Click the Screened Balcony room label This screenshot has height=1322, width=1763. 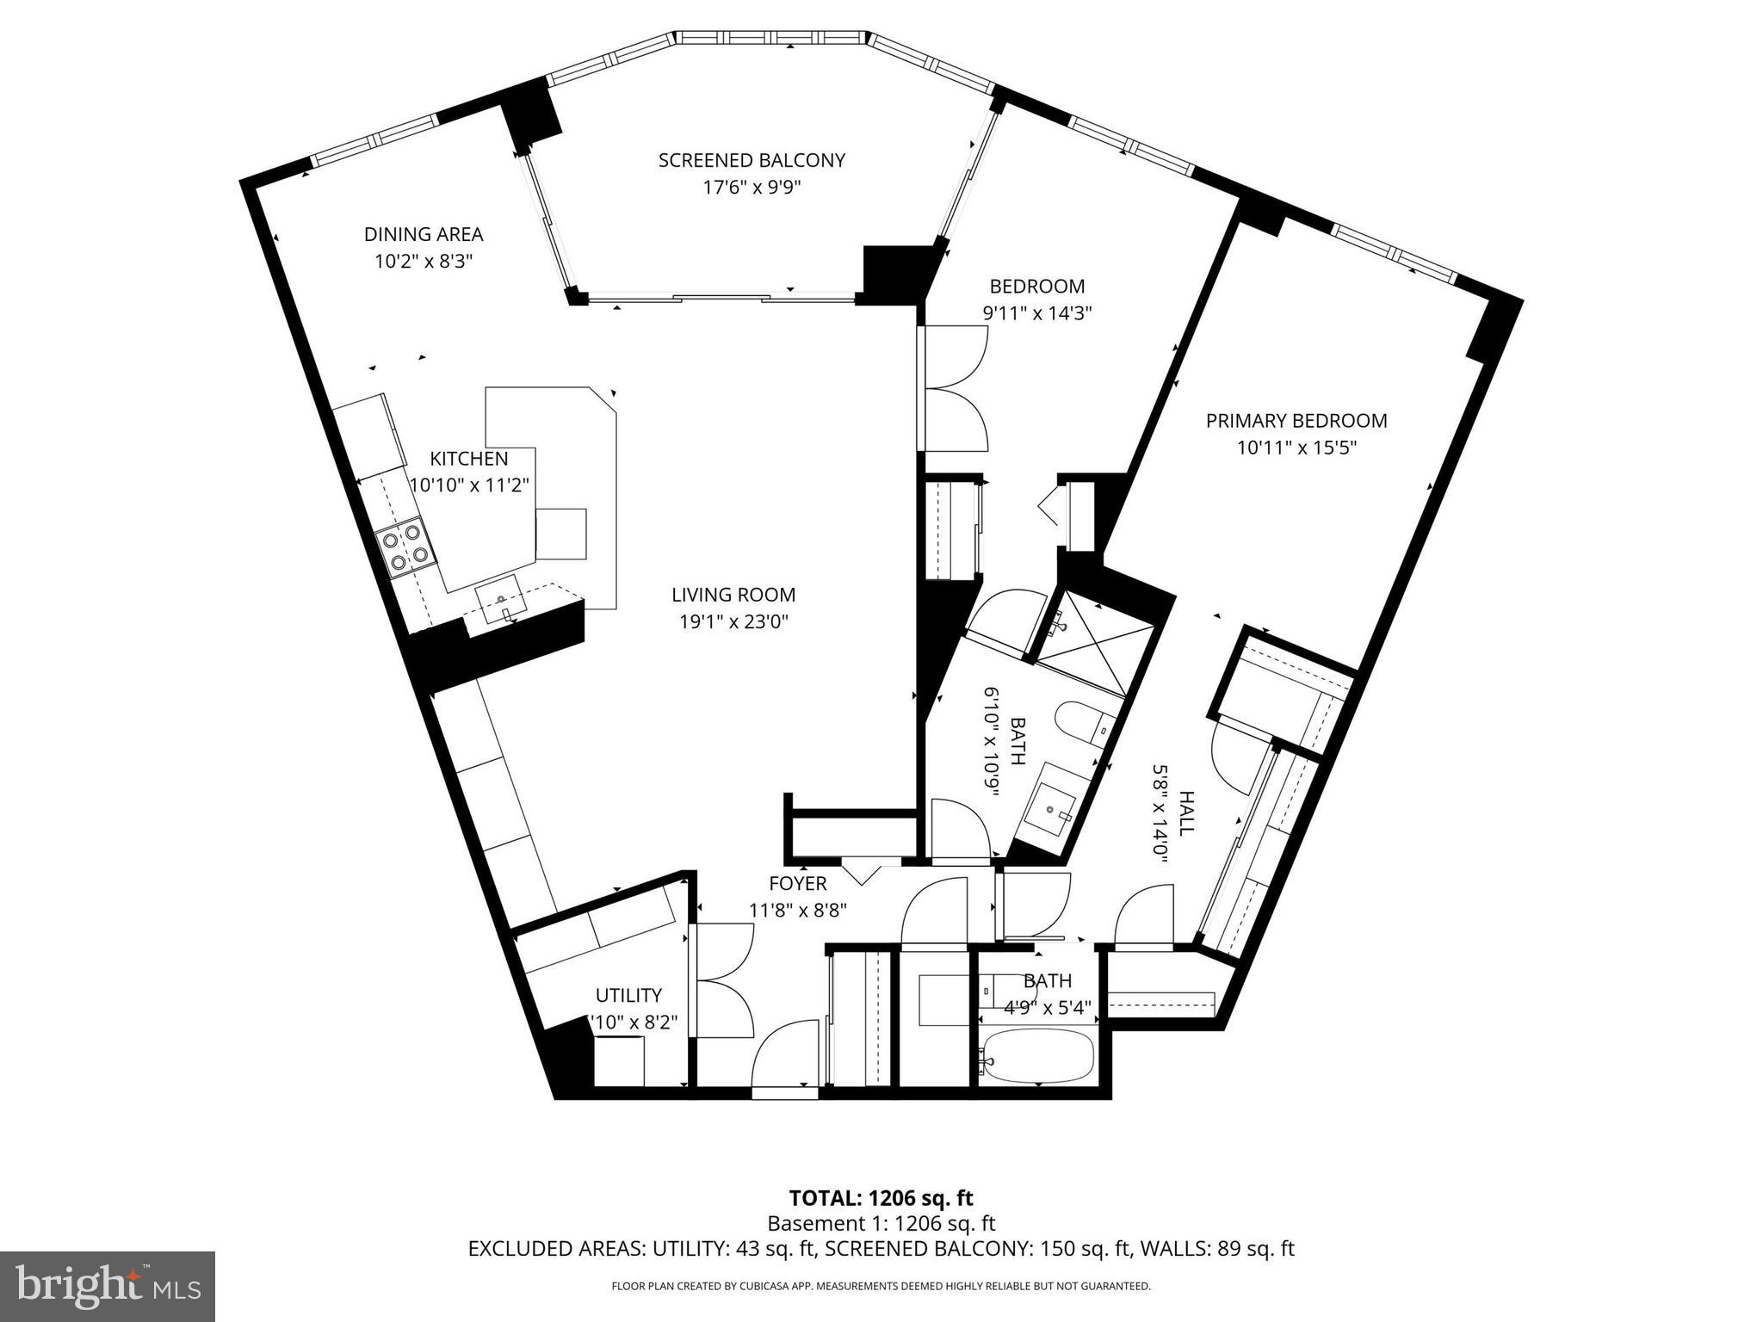(x=752, y=160)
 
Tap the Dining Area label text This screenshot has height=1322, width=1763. (x=423, y=234)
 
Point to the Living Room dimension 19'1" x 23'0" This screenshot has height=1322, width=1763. (x=733, y=621)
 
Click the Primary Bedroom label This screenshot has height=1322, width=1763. (x=1296, y=421)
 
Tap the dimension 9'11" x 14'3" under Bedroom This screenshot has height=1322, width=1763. (x=1036, y=313)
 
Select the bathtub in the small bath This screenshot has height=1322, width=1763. (x=1039, y=1057)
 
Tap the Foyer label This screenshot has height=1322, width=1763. (x=797, y=883)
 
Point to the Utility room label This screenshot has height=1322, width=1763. (x=628, y=995)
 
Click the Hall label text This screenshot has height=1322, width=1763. (x=1187, y=813)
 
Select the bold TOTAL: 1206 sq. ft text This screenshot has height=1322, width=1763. (x=881, y=1198)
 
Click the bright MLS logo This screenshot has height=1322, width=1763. (x=108, y=1286)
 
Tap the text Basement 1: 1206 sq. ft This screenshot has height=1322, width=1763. (x=881, y=1223)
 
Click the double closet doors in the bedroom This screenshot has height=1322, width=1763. (x=956, y=388)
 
